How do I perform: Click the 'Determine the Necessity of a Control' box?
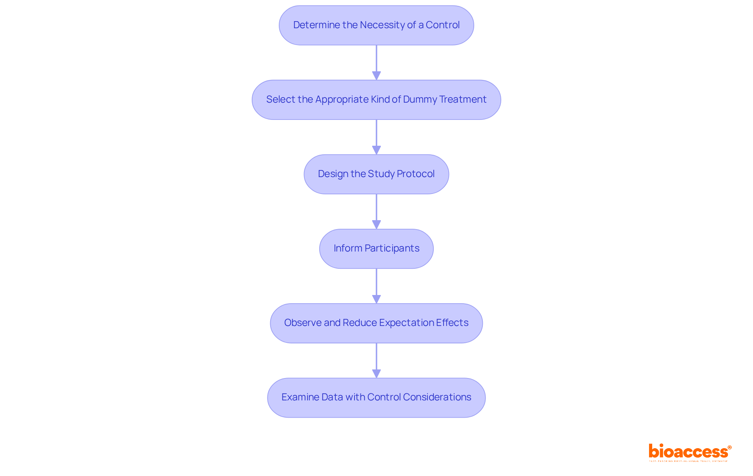(x=376, y=25)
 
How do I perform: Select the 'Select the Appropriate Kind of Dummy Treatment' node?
(x=376, y=100)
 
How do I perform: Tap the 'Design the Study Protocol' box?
(x=376, y=174)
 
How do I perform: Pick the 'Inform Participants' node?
(x=376, y=248)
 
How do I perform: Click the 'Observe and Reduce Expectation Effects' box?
(x=376, y=323)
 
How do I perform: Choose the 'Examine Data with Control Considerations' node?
(x=376, y=397)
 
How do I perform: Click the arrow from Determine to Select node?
(x=376, y=63)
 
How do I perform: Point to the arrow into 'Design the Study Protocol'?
(x=376, y=137)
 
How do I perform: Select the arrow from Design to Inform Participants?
(x=376, y=212)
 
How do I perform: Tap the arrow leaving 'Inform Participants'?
(x=376, y=286)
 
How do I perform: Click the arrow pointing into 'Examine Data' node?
(x=376, y=360)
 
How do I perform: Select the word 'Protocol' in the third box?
(x=415, y=174)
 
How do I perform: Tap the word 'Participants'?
(x=392, y=248)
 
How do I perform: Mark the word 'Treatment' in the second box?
(x=463, y=100)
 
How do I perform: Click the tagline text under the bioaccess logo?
(x=688, y=462)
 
